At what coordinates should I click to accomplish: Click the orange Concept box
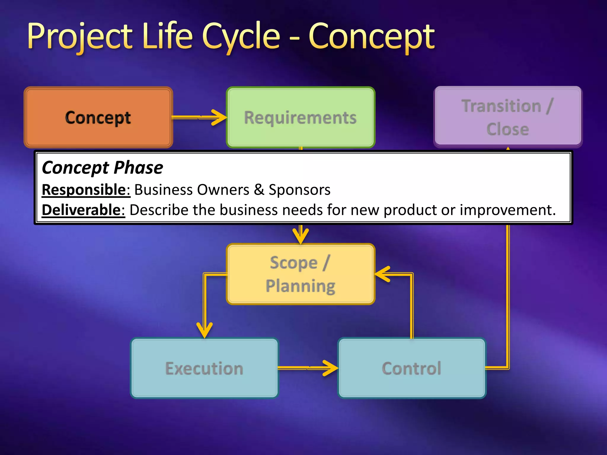coord(98,117)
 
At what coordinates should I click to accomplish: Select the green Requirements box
coord(300,117)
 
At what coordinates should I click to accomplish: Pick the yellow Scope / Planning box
coord(300,274)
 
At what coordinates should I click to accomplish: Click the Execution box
coord(204,368)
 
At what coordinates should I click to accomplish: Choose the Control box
coord(412,368)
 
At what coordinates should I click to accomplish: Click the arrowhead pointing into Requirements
coord(220,118)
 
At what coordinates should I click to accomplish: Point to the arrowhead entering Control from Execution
coord(331,368)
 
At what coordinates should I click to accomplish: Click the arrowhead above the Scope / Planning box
coord(301,236)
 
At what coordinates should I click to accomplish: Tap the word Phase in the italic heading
coord(138,168)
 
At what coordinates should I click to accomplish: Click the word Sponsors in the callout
coord(299,190)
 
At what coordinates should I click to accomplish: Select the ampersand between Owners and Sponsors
coord(259,190)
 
